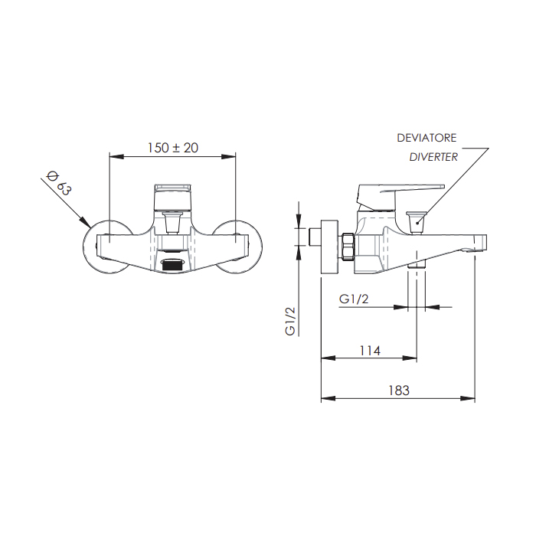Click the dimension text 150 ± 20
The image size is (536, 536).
point(173,148)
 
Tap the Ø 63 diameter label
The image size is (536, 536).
point(58,185)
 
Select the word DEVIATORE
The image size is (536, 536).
point(427,138)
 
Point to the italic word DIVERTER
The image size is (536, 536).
point(433,157)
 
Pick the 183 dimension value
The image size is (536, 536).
point(398,391)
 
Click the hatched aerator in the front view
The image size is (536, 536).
point(174,265)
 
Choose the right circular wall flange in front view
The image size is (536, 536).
point(243,244)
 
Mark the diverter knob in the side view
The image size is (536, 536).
point(417,221)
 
